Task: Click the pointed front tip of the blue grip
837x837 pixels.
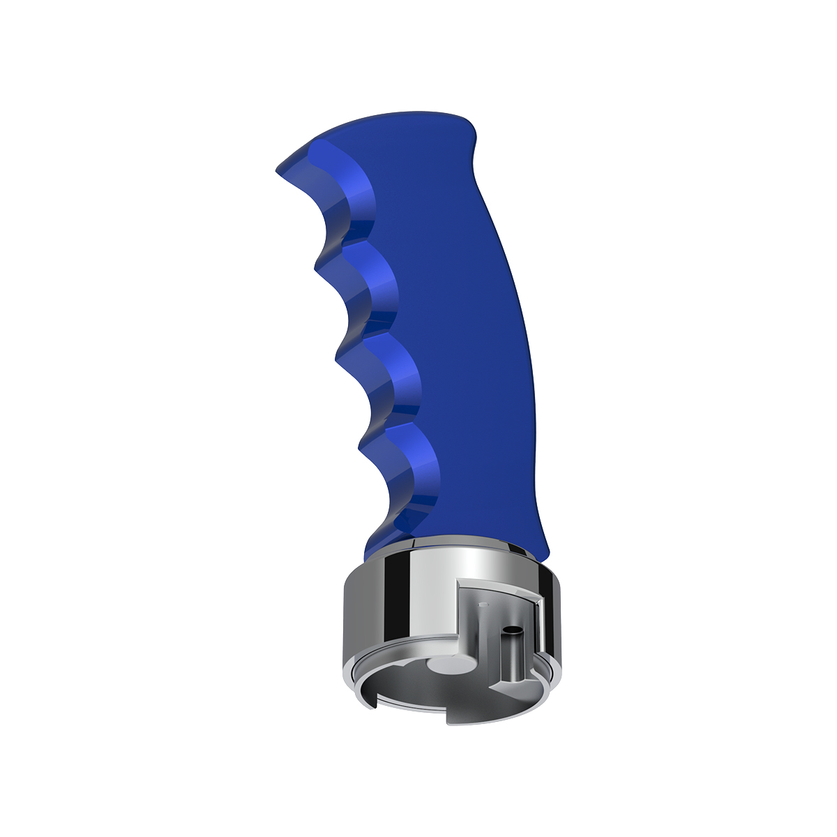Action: (x=279, y=169)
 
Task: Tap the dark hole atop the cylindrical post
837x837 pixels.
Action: (x=513, y=629)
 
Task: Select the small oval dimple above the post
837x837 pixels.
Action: (x=485, y=607)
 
